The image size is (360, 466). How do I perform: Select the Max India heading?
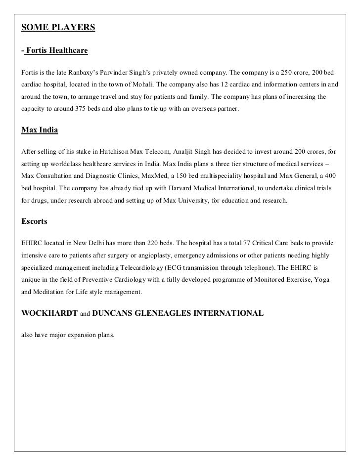pos(40,131)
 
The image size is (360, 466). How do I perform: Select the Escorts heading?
pos(34,222)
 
